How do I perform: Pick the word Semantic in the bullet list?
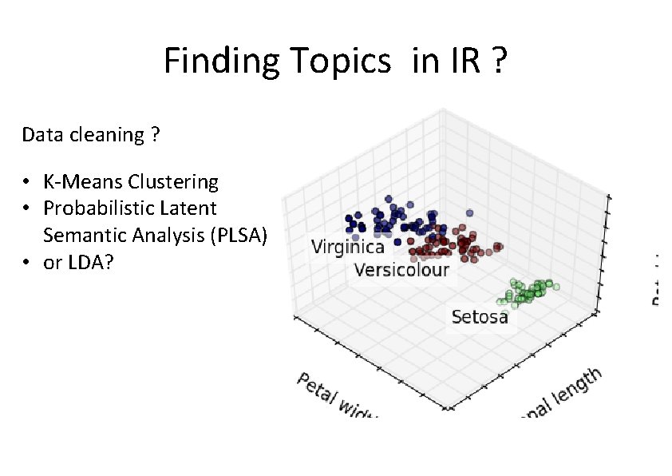79,236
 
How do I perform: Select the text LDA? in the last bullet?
89,262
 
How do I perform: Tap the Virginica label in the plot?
347,247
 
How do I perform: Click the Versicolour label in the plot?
401,269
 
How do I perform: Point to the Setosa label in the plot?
479,317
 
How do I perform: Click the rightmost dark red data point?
500,246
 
